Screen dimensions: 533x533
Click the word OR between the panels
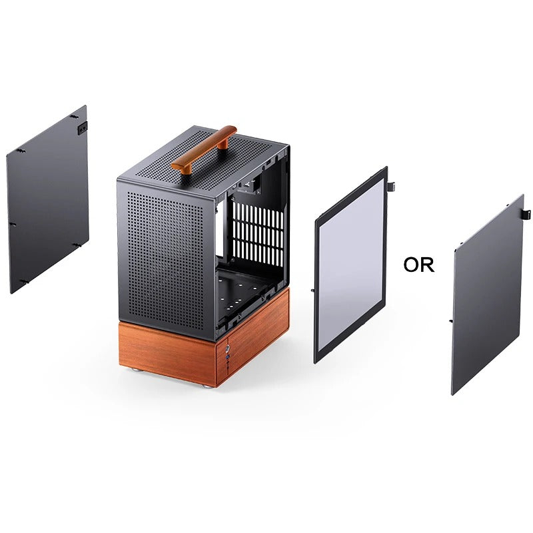(418, 265)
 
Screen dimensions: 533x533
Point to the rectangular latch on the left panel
(83, 127)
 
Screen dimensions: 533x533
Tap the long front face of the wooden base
(167, 352)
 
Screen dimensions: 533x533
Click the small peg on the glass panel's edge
(312, 291)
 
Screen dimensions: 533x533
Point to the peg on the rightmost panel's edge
(451, 321)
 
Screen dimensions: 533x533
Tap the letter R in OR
(427, 265)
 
